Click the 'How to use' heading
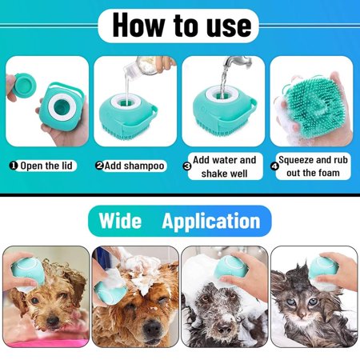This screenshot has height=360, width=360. [182, 26]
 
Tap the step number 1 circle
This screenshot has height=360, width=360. [13, 166]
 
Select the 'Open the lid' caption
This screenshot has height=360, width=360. [46, 166]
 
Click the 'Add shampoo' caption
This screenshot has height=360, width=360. [134, 166]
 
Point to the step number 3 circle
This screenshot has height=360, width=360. [187, 166]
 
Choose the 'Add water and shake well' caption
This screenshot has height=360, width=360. [225, 166]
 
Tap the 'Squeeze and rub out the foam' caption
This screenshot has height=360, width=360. [313, 166]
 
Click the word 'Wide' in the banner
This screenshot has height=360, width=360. [120, 221]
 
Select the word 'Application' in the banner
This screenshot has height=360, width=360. [211, 222]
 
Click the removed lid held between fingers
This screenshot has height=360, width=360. [25, 85]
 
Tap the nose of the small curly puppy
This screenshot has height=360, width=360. [53, 320]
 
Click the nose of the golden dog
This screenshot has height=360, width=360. [152, 327]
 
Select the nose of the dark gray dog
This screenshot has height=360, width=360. [224, 330]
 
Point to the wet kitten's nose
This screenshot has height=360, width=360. [302, 316]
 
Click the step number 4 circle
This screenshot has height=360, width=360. [274, 166]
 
